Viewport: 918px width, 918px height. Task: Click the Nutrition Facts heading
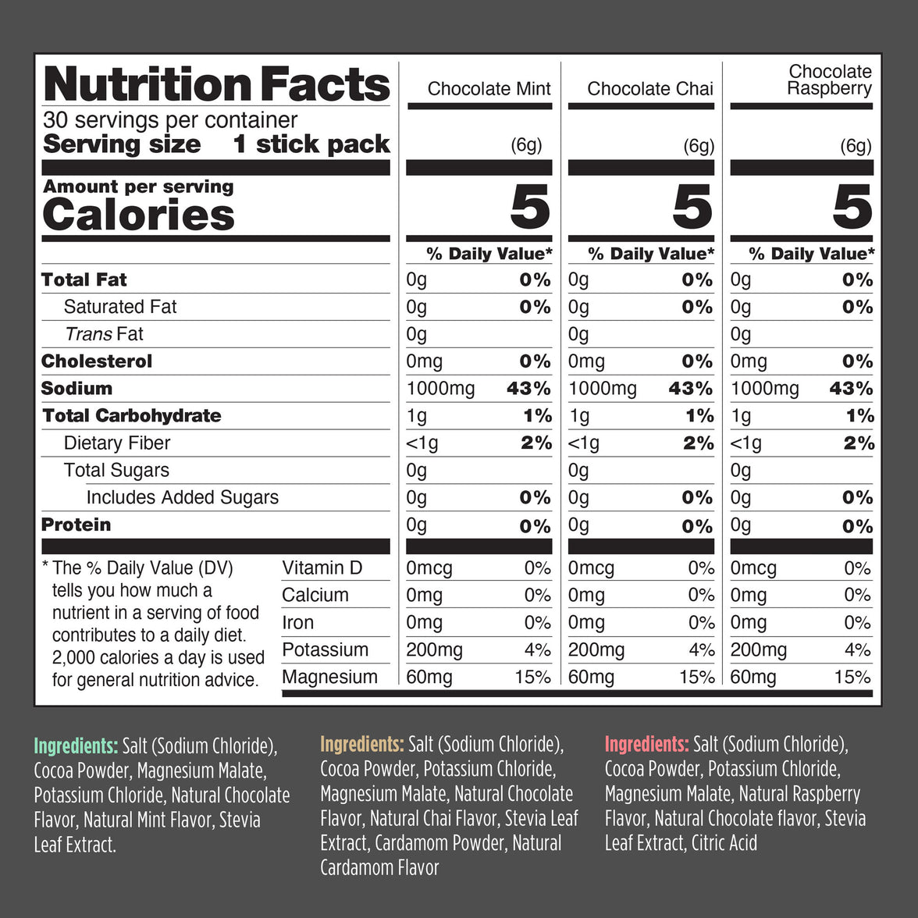(x=216, y=84)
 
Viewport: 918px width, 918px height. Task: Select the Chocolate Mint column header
(x=489, y=89)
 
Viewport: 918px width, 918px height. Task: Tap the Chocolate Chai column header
(x=649, y=89)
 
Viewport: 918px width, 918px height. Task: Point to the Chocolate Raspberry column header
(x=829, y=80)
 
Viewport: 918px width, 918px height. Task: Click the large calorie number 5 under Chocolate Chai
(x=692, y=208)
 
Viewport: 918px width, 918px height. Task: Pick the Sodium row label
(x=76, y=388)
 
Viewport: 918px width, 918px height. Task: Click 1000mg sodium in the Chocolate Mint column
(x=440, y=389)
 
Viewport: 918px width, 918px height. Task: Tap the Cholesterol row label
(x=96, y=361)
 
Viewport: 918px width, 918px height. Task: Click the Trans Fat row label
(x=104, y=334)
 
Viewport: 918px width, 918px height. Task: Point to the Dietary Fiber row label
(x=116, y=443)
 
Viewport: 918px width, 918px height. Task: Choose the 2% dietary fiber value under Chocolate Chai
(x=698, y=443)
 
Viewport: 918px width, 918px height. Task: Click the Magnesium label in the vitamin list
(x=329, y=677)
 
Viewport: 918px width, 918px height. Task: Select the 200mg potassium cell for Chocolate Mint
(x=434, y=649)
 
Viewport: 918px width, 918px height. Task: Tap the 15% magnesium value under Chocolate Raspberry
(x=852, y=677)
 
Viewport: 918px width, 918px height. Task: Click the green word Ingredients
(x=76, y=746)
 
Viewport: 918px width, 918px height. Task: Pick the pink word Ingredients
(x=646, y=745)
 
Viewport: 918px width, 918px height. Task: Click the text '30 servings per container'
(x=170, y=120)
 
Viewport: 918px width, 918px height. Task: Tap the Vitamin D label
(x=322, y=568)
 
